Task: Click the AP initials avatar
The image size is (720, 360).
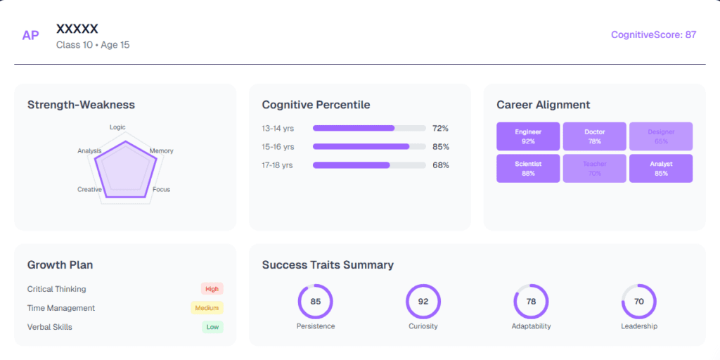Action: click(30, 35)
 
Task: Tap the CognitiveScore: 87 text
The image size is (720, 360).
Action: click(653, 34)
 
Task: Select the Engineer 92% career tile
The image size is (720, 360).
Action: click(528, 136)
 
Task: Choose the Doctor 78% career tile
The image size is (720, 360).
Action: click(594, 136)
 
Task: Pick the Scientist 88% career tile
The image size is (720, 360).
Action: click(528, 169)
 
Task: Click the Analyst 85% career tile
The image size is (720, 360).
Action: click(661, 169)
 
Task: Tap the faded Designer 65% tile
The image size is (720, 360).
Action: click(661, 136)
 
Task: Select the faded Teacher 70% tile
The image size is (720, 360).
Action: click(594, 169)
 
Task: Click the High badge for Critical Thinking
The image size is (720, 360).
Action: click(212, 289)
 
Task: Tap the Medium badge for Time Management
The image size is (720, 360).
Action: click(207, 308)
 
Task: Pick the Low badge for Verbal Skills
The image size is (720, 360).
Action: click(212, 327)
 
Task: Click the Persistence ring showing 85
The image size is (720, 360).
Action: click(316, 302)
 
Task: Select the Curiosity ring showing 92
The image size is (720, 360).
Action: click(423, 302)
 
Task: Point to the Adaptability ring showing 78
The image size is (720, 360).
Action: click(531, 302)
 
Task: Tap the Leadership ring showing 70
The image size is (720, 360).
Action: click(639, 302)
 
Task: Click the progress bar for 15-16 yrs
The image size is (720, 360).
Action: click(369, 147)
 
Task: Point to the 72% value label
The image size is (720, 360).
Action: click(440, 129)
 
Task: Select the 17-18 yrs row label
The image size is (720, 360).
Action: click(277, 165)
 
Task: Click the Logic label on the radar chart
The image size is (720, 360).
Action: click(117, 127)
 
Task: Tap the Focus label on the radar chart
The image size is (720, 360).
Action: click(161, 189)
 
